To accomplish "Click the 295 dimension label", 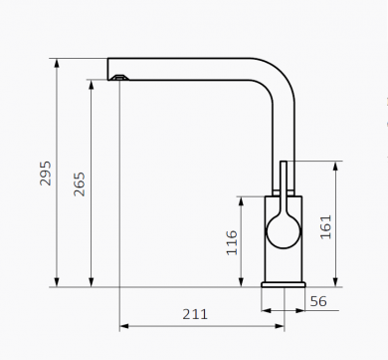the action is (45, 174).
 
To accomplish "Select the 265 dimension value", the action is (80, 184).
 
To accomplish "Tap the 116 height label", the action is (232, 242).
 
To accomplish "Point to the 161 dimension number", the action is (326, 226).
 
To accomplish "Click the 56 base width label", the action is (318, 301).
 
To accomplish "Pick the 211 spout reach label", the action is (195, 314).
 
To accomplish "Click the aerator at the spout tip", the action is (119, 78).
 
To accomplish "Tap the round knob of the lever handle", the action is (284, 231).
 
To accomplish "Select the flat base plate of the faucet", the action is (284, 284).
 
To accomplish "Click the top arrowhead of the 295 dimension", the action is (57, 63).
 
